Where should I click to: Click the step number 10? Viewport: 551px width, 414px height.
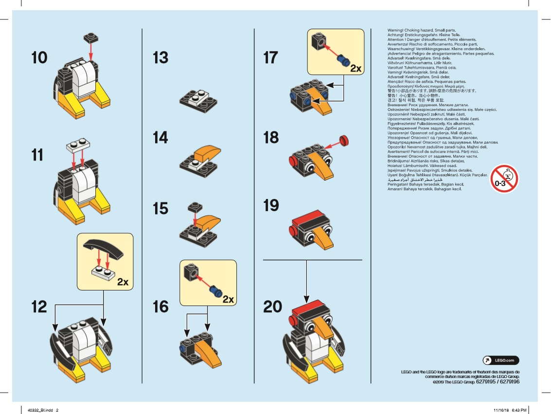[x=39, y=58]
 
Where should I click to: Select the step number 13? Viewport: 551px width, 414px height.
[x=160, y=58]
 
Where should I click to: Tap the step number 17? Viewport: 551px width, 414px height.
[x=271, y=58]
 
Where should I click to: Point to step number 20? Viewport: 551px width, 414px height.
[x=272, y=307]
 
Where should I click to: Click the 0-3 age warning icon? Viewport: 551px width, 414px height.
[x=503, y=179]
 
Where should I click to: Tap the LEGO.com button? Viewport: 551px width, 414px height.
[x=500, y=360]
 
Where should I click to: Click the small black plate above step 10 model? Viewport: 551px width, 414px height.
[x=91, y=36]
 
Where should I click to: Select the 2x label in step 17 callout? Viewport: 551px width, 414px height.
[x=356, y=69]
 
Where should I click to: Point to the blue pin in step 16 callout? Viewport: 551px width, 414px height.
[x=214, y=291]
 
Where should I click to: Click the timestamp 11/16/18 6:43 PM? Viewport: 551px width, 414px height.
[x=510, y=410]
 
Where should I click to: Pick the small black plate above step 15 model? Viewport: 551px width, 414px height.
[x=193, y=207]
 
